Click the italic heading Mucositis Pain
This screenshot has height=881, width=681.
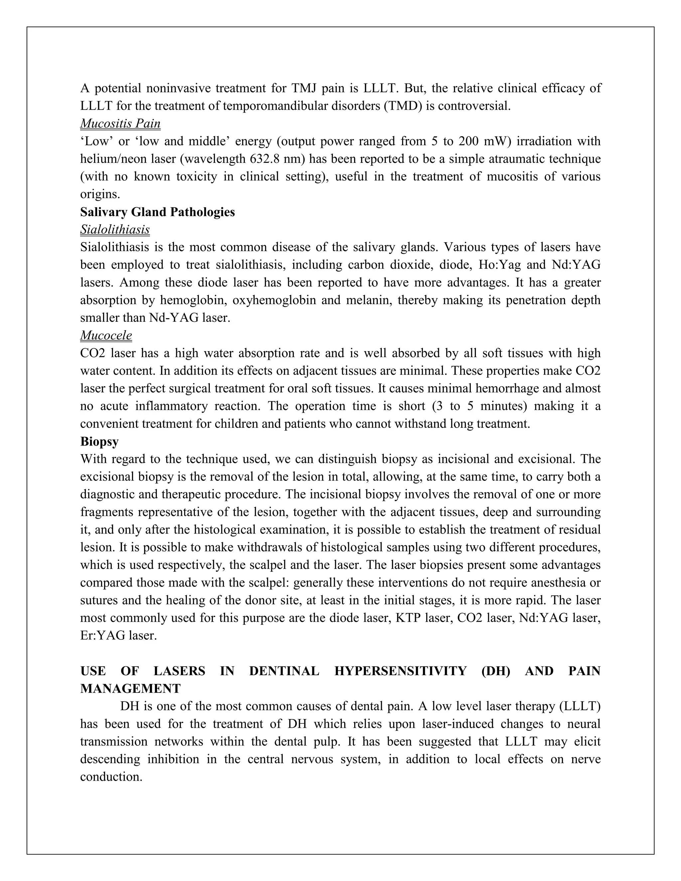pyautogui.click(x=120, y=123)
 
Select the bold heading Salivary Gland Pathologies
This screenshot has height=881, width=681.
pyautogui.click(x=157, y=212)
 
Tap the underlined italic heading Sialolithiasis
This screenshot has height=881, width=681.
pyautogui.click(x=115, y=229)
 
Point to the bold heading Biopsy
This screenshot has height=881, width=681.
pyautogui.click(x=99, y=442)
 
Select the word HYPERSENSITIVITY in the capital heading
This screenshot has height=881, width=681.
pyautogui.click(x=400, y=671)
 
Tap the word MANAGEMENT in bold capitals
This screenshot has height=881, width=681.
pyautogui.click(x=130, y=689)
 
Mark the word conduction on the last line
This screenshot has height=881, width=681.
pyautogui.click(x=111, y=777)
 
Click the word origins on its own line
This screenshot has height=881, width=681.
pyautogui.click(x=100, y=194)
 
